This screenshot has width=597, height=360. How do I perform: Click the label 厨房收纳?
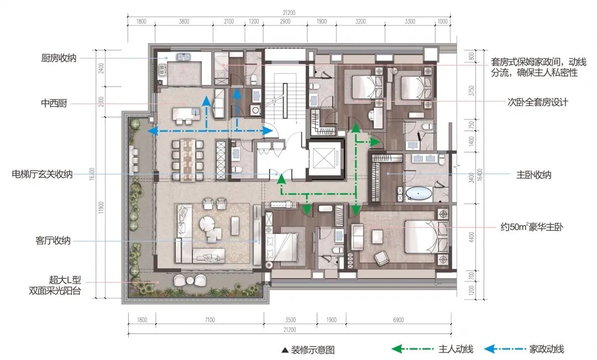tap(59, 58)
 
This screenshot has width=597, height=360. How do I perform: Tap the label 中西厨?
tap(54, 103)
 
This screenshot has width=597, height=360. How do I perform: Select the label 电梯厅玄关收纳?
tap(42, 175)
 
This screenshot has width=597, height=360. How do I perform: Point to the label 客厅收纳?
tap(53, 241)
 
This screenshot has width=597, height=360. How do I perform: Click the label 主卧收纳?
tap(534, 175)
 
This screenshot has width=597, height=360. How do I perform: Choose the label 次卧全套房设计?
tap(538, 102)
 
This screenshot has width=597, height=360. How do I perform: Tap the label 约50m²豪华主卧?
tap(532, 227)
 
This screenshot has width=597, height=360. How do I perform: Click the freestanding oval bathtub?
tap(418, 194)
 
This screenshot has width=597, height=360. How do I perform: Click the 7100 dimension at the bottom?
tap(210, 320)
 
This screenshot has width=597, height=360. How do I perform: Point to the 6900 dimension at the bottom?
tap(398, 320)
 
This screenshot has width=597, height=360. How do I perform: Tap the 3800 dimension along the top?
tap(184, 22)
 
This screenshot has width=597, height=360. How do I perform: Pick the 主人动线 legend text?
tap(455, 349)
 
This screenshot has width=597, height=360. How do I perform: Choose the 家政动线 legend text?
tap(546, 349)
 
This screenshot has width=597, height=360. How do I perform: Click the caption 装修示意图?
tap(312, 349)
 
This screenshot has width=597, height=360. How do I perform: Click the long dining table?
tap(187, 159)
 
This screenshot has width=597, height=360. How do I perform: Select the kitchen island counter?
tap(186, 113)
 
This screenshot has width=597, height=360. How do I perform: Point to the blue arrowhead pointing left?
tap(153, 132)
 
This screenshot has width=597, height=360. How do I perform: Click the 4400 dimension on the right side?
tap(472, 237)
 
